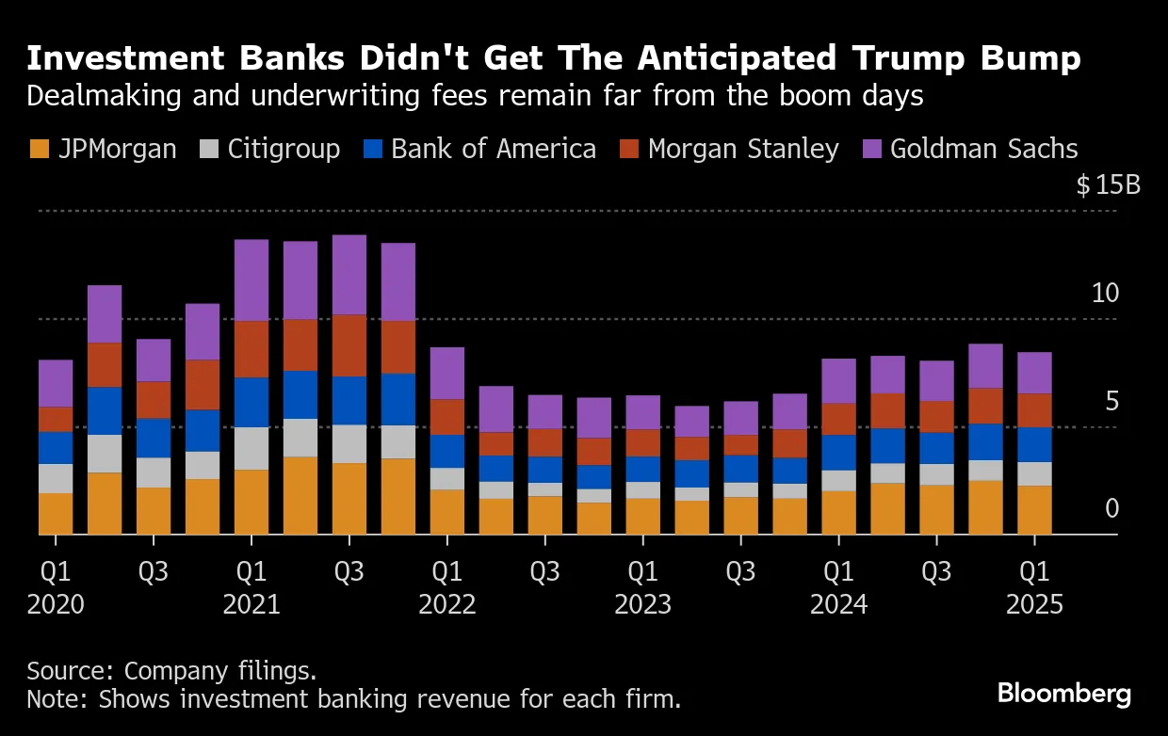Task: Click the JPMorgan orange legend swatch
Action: tap(39, 150)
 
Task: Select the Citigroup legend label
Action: tap(284, 150)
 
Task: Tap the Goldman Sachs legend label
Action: tap(983, 150)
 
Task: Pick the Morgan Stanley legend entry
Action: tap(743, 150)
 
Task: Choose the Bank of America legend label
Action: tap(494, 150)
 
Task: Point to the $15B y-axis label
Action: tap(1109, 185)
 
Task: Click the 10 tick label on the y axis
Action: tap(1104, 294)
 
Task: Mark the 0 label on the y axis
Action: tap(1111, 509)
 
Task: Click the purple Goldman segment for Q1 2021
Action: tap(251, 280)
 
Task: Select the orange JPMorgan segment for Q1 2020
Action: tap(56, 514)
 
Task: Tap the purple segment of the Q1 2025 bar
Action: tap(1034, 373)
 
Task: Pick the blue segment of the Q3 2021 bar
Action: tap(349, 401)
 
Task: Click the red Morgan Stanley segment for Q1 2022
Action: tap(447, 417)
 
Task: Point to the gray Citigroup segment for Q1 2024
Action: tap(839, 480)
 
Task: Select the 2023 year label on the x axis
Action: tap(643, 603)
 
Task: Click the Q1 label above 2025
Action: tap(1034, 571)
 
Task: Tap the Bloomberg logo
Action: tap(1064, 695)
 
